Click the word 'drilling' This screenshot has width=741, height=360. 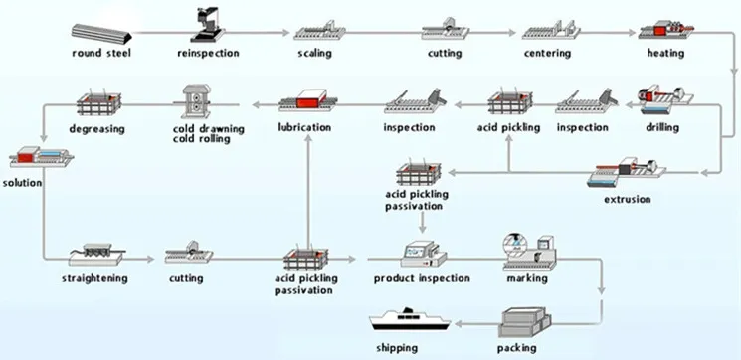pyautogui.click(x=656, y=128)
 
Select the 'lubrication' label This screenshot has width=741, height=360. pyautogui.click(x=305, y=128)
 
